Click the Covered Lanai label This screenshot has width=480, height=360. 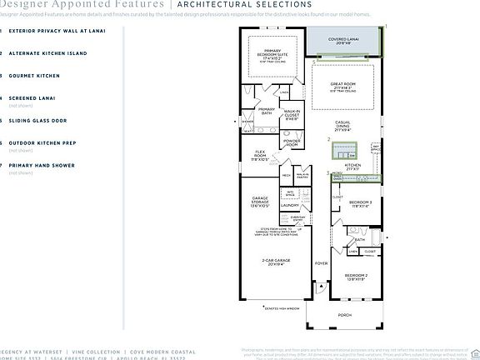[344, 39]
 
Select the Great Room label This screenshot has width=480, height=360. [343, 86]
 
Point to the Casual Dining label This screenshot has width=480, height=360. [342, 127]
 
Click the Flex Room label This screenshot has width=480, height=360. [260, 157]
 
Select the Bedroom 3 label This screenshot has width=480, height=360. [360, 204]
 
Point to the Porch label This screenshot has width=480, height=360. [344, 314]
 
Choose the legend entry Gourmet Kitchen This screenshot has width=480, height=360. [33, 75]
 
